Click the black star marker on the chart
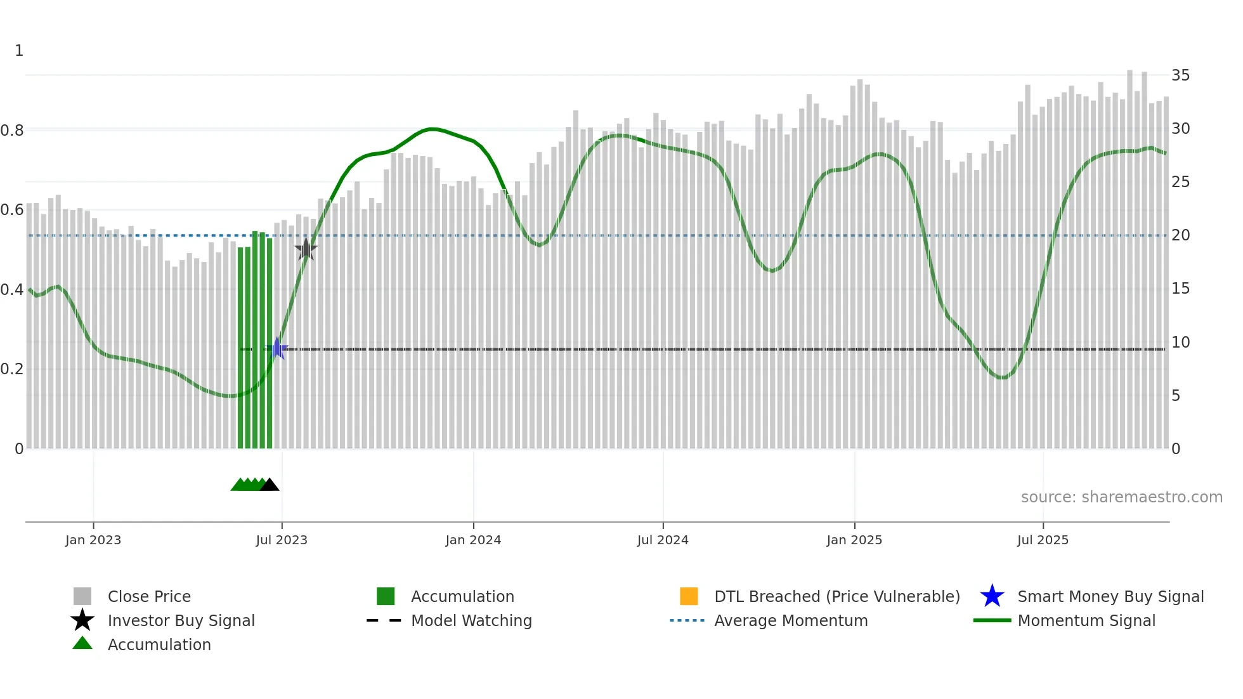(306, 249)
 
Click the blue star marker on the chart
(277, 349)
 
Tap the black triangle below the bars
(270, 485)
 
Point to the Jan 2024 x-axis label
(473, 540)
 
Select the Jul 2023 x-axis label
(282, 540)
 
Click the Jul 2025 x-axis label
(1043, 540)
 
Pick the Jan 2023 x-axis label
(93, 540)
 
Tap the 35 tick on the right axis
(1180, 75)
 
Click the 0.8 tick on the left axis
(12, 131)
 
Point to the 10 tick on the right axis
(1180, 343)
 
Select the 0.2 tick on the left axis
(12, 369)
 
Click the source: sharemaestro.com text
(1121, 497)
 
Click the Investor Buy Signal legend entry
(181, 621)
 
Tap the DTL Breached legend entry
(836, 597)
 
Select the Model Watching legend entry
(471, 621)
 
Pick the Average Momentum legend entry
(791, 621)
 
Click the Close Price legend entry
(149, 597)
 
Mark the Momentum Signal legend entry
(1086, 621)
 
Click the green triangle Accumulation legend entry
(159, 645)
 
